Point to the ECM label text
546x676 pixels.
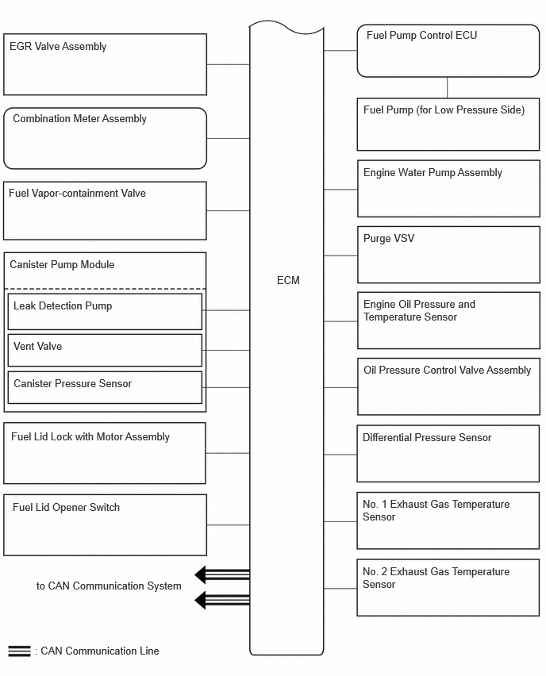coord(288,280)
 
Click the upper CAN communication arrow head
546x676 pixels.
coord(201,574)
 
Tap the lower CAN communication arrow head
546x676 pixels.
coord(201,600)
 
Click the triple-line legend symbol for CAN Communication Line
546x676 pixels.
coord(19,651)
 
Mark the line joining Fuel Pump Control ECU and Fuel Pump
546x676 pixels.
coord(448,88)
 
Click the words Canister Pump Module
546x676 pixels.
coord(62,265)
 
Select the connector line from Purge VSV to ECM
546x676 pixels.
coord(340,255)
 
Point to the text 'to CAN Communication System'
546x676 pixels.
coord(109,586)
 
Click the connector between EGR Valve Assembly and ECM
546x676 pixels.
coord(228,65)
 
